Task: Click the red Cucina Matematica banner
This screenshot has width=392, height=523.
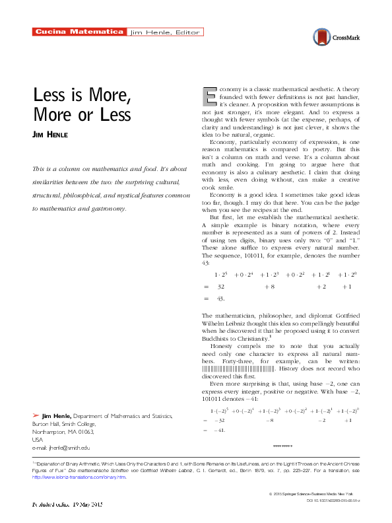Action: [x=79, y=32]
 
